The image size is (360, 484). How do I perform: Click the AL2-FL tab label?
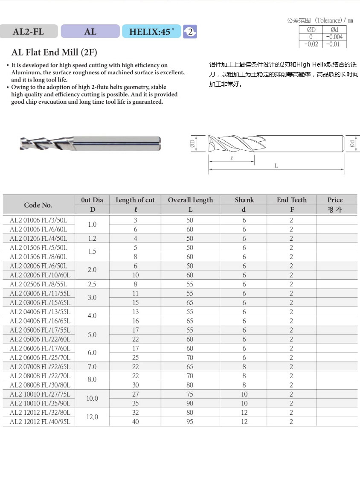point(29,31)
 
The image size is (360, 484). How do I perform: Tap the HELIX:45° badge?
point(151,31)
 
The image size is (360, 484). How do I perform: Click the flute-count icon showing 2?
point(190,32)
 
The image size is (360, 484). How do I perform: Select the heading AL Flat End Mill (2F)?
point(54,52)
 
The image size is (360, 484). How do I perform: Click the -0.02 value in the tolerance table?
point(311,44)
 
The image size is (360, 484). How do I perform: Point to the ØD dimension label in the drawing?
point(192,144)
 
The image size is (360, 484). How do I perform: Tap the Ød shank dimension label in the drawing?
point(352,144)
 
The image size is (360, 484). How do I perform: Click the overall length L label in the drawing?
point(276,166)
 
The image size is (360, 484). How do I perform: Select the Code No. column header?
point(38,205)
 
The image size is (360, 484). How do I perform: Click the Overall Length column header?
point(190,200)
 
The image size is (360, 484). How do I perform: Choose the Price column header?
point(335,200)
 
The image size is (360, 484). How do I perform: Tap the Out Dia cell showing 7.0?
point(92,367)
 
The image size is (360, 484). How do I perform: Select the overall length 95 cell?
point(190,422)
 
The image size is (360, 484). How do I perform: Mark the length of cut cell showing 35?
point(135,403)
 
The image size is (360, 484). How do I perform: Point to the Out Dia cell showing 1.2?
point(92,239)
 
